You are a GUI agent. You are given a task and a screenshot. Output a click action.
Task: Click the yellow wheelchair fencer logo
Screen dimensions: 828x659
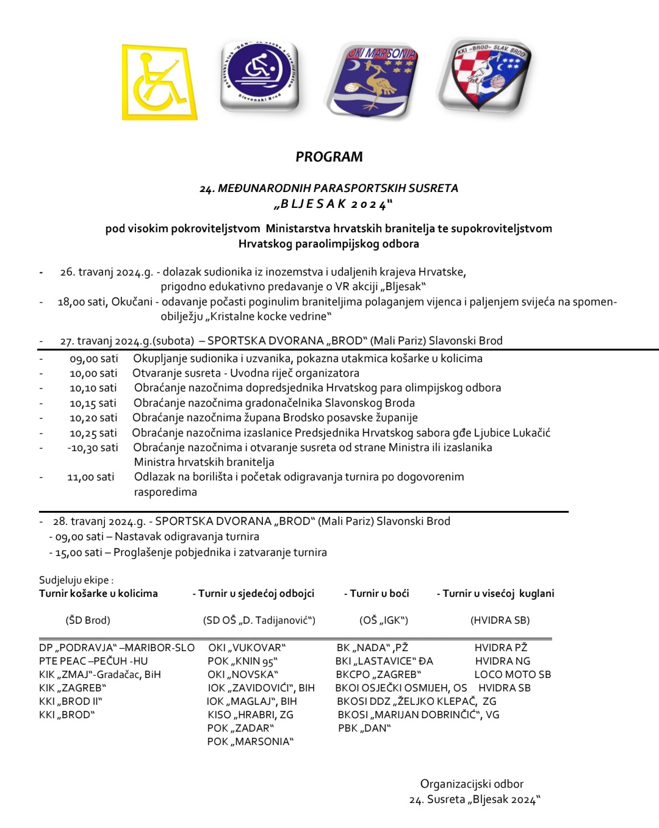[x=159, y=82]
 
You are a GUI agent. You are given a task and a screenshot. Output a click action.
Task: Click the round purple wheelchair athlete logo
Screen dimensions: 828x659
[x=259, y=76]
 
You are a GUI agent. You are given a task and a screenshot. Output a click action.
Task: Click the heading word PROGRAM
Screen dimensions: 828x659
[x=329, y=157]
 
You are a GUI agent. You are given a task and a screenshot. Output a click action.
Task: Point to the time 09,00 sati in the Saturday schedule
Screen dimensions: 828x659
[x=93, y=359]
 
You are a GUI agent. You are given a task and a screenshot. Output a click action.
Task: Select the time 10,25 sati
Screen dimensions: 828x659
[x=93, y=433]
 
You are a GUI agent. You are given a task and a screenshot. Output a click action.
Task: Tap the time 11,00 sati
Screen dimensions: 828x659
[x=90, y=477]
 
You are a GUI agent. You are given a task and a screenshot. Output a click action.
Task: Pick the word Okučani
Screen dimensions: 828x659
[x=131, y=302]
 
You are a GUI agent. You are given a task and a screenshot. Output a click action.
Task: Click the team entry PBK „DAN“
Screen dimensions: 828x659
[x=364, y=728]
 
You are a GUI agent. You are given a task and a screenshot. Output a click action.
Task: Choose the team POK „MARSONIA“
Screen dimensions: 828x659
[x=250, y=741]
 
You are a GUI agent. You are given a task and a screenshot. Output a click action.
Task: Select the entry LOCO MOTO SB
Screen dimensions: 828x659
[x=513, y=674]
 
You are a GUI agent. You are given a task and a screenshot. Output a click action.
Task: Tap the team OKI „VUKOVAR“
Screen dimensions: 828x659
[x=247, y=648]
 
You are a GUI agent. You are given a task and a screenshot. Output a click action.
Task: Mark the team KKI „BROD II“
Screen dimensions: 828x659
[x=71, y=701]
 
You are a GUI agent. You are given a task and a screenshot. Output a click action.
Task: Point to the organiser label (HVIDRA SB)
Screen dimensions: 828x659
[x=500, y=620]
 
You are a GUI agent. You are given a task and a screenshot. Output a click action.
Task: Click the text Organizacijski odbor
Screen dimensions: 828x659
[x=472, y=784]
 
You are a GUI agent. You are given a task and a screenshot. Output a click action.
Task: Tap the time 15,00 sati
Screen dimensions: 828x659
[x=79, y=552]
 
